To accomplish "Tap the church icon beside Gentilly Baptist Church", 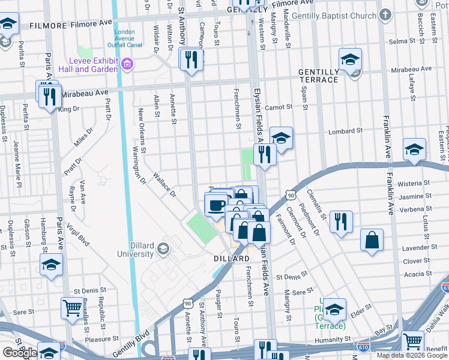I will coord(385,14).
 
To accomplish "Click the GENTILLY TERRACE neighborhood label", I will coord(319,76).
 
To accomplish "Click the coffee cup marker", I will coord(215,205).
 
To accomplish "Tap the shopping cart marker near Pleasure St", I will coord(73,308).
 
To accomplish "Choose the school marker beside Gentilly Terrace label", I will coord(350,59).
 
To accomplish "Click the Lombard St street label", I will coord(345,131).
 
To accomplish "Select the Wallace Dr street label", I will coord(164,185).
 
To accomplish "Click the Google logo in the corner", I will coord(20,353).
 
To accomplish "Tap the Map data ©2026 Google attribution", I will coord(412,355).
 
